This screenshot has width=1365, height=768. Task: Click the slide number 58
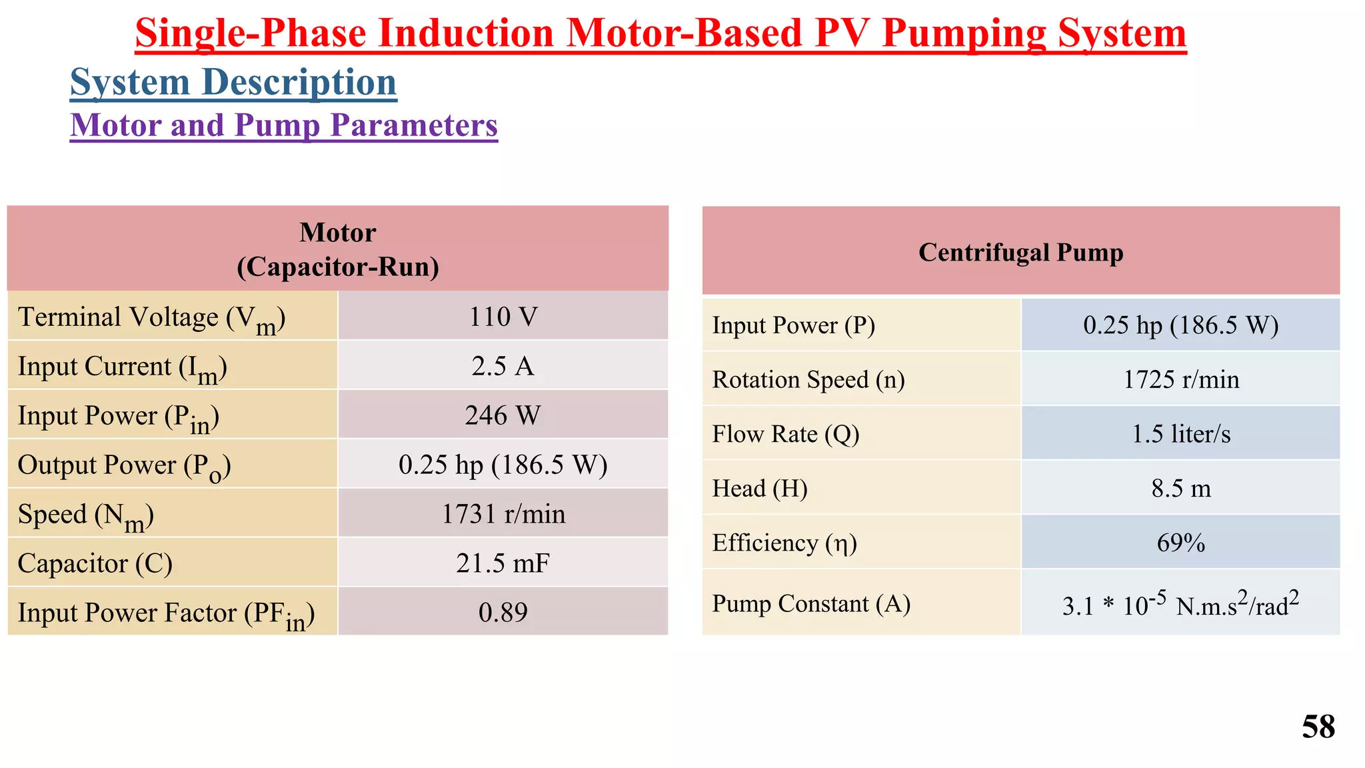point(1318,727)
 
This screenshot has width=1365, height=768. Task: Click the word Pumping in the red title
point(963,33)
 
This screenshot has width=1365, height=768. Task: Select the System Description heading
point(233,83)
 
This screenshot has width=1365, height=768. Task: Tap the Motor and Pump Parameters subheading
point(284,125)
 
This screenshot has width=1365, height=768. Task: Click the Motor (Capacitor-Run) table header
point(338,249)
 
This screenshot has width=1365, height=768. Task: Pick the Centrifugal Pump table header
point(1020,253)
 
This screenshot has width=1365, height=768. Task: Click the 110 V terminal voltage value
point(503,317)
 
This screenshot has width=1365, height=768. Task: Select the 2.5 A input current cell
point(503,366)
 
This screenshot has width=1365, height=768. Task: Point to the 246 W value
point(503,415)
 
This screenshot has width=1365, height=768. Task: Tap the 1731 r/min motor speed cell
point(503,514)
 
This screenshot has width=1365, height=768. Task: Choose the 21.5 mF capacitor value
point(503,563)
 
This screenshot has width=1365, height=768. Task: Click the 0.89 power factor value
point(503,612)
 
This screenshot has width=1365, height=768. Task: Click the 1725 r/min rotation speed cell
point(1180,379)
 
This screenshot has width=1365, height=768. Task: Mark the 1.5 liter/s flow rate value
point(1180,434)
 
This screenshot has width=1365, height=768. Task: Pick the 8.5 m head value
point(1180,489)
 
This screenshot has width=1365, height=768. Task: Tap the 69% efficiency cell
point(1180,543)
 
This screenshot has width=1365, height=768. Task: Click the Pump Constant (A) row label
point(811,603)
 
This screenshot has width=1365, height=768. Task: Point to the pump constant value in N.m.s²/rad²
point(1180,604)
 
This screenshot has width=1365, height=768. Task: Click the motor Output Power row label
point(124,465)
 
